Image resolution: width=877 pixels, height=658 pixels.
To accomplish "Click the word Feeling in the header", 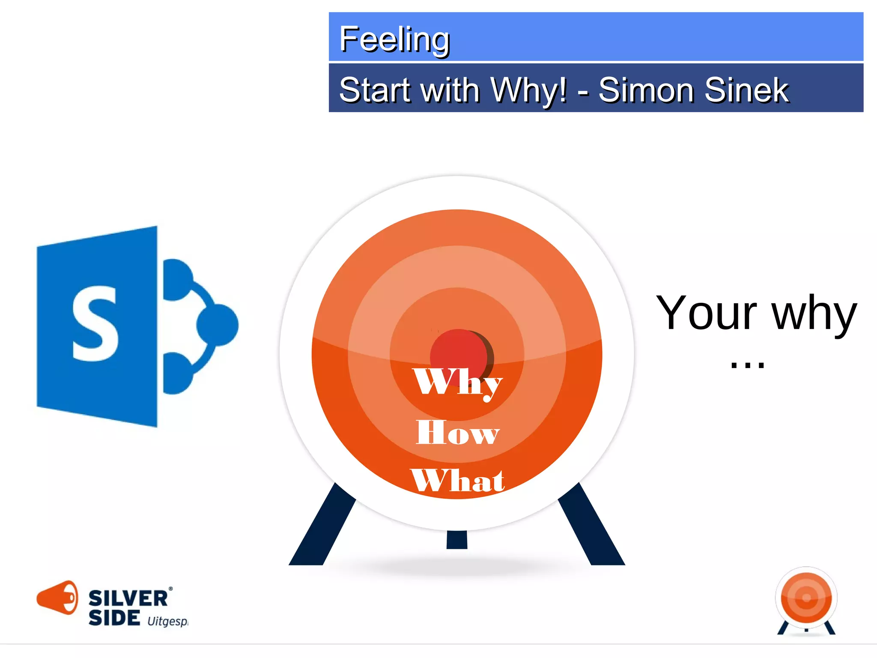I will coord(394,39).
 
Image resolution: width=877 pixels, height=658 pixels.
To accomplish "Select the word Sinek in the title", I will coord(746,90).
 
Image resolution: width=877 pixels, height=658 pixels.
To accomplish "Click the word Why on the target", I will coord(457,383).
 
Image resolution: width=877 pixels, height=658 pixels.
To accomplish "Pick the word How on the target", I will coord(457,433).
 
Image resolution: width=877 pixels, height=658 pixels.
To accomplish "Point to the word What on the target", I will coord(457,480).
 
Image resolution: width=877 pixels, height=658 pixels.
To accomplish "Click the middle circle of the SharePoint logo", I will coord(218,325).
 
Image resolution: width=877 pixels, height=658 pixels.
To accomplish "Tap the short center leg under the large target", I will coord(457,540).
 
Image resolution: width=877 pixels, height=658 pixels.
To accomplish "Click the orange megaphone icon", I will coord(58,597).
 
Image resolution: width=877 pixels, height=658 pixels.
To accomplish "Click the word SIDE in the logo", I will coord(114,618).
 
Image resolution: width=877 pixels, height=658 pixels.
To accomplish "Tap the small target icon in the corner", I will coord(806,600).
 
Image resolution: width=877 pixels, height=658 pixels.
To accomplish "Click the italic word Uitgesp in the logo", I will coord(167,621).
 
